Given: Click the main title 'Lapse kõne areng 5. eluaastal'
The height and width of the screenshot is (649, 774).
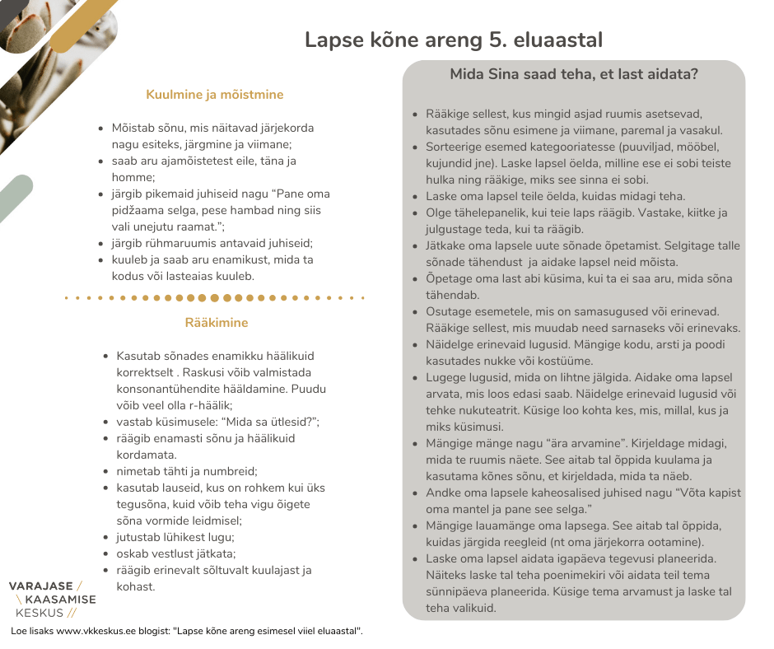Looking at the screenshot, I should [x=454, y=40].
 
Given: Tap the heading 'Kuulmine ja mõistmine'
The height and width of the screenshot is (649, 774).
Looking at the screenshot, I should [x=214, y=95].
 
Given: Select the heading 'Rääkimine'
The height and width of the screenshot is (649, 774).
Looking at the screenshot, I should [x=217, y=323].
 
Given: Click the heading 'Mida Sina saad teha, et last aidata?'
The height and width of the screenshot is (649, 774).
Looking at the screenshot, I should [x=574, y=74].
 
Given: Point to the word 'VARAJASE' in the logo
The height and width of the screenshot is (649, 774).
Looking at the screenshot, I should [x=40, y=586].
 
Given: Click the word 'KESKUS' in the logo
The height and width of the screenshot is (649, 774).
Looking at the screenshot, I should [x=40, y=613].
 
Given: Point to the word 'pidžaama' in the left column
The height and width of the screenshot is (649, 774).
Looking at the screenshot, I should [x=137, y=211].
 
